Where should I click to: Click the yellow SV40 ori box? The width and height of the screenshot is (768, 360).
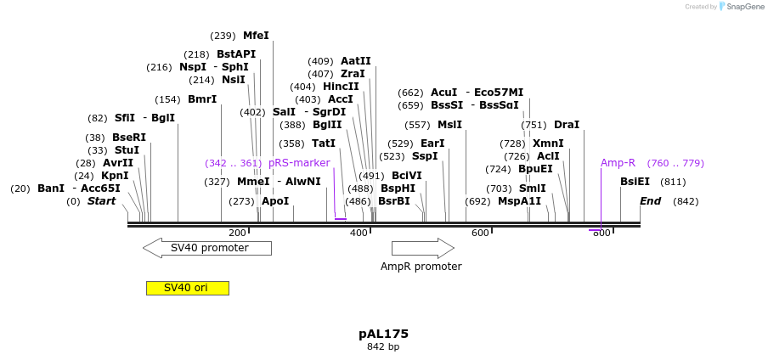point(187,288)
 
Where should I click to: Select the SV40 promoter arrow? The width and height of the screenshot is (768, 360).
point(207,248)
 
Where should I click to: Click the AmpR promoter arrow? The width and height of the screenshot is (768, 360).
point(422,248)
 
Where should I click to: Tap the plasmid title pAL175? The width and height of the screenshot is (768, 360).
point(383,334)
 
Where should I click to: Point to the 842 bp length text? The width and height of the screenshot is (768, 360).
point(383,347)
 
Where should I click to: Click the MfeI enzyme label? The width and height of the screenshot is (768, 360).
point(256,36)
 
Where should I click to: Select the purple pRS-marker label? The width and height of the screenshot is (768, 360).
point(299,163)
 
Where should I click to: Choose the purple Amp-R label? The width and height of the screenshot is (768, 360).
point(618,163)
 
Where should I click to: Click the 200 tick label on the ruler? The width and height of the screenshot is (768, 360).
point(238,233)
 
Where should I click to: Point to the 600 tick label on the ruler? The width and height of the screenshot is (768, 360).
point(481,233)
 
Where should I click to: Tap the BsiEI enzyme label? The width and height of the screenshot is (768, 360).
point(635,182)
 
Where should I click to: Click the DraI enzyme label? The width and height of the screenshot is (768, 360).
point(567,125)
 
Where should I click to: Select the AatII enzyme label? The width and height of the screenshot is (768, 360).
point(356,61)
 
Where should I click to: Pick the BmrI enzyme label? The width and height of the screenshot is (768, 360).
point(202,99)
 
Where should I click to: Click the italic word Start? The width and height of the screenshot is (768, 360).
point(101,201)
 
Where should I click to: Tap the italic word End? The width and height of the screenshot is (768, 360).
point(650,201)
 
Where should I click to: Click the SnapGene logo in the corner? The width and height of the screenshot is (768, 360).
point(742,7)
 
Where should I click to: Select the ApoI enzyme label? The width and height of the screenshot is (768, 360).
point(275,201)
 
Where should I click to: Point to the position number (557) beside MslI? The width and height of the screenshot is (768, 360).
point(417,125)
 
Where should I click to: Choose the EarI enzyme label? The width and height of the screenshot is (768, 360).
point(432,143)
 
